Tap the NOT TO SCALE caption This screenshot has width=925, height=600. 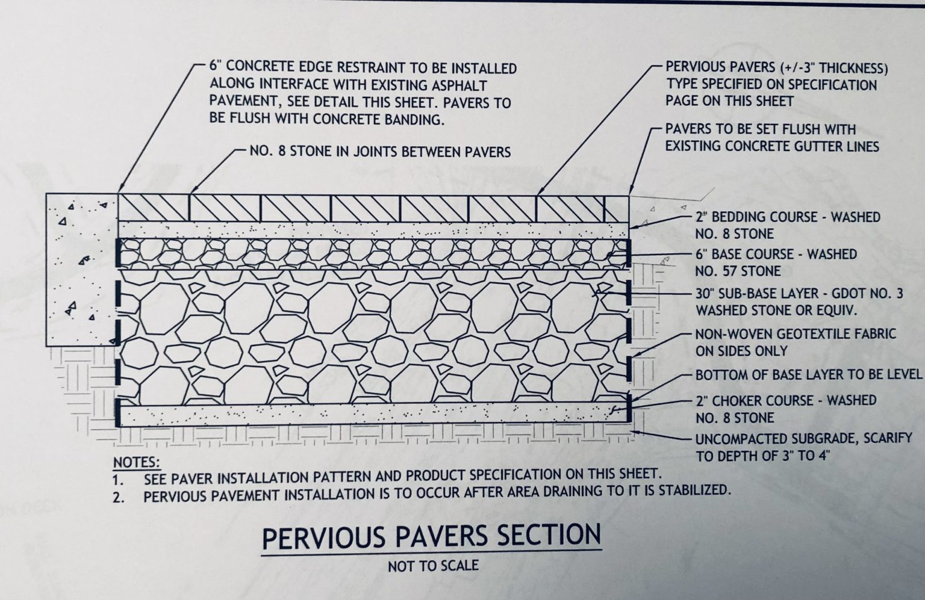pyautogui.click(x=433, y=566)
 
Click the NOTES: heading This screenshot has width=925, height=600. pyautogui.click(x=137, y=463)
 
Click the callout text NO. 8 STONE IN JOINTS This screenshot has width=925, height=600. pyautogui.click(x=379, y=151)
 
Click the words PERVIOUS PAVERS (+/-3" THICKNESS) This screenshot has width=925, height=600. pyautogui.click(x=776, y=67)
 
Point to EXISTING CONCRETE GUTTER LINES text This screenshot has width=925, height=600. pyautogui.click(x=772, y=146)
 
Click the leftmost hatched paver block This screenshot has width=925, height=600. pyautogui.click(x=154, y=207)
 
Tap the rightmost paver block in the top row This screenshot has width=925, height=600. pyautogui.click(x=616, y=207)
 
